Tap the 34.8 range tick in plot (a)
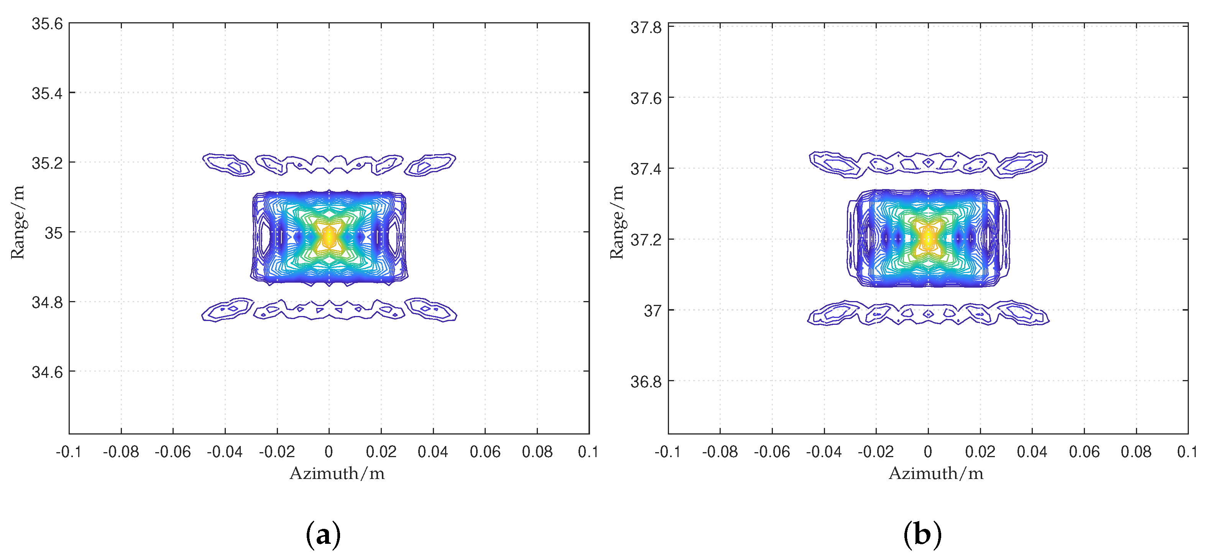coord(47,302)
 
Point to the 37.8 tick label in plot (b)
coord(646,28)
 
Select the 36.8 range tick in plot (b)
coord(646,382)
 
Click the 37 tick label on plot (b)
coord(653,311)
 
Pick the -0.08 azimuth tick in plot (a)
coord(121,452)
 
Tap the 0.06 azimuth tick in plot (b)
coord(1084,452)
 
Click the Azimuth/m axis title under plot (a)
coord(337,473)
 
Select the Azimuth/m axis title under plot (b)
coord(936,473)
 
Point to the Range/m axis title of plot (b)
coord(616,222)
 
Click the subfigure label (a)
coord(323,535)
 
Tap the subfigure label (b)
coord(922,535)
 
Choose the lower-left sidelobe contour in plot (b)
coord(834,314)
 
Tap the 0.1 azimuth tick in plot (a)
coord(588,452)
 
